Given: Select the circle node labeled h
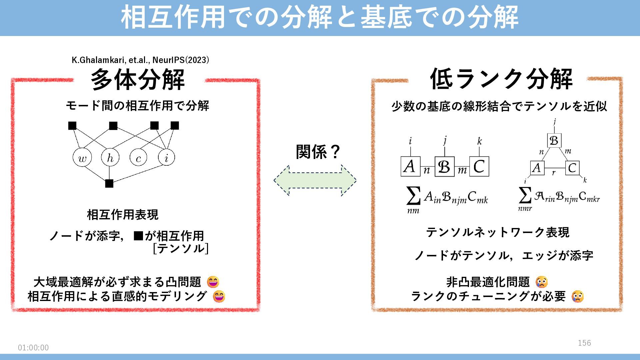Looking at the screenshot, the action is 110,157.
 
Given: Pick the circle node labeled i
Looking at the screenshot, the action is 166,157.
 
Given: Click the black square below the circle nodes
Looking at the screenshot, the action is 109,183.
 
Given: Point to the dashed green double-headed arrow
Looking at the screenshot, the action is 315,180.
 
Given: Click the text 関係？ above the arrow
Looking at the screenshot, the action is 318,152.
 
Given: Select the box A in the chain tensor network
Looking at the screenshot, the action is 410,166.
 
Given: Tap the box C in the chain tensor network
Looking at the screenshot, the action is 479,166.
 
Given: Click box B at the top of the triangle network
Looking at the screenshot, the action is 554,140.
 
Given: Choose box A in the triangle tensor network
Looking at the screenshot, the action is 537,168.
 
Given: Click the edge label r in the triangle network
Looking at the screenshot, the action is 554,173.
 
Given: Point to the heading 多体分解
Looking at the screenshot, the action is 138,80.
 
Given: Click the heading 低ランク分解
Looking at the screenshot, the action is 501,79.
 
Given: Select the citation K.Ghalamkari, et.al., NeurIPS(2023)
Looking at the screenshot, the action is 140,60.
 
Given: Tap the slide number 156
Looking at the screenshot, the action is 584,343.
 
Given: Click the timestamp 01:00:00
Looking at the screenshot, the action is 33,348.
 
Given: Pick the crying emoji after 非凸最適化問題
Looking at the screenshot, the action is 542,282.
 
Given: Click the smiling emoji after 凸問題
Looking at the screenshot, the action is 213,282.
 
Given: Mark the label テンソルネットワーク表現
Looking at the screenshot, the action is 498,232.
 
